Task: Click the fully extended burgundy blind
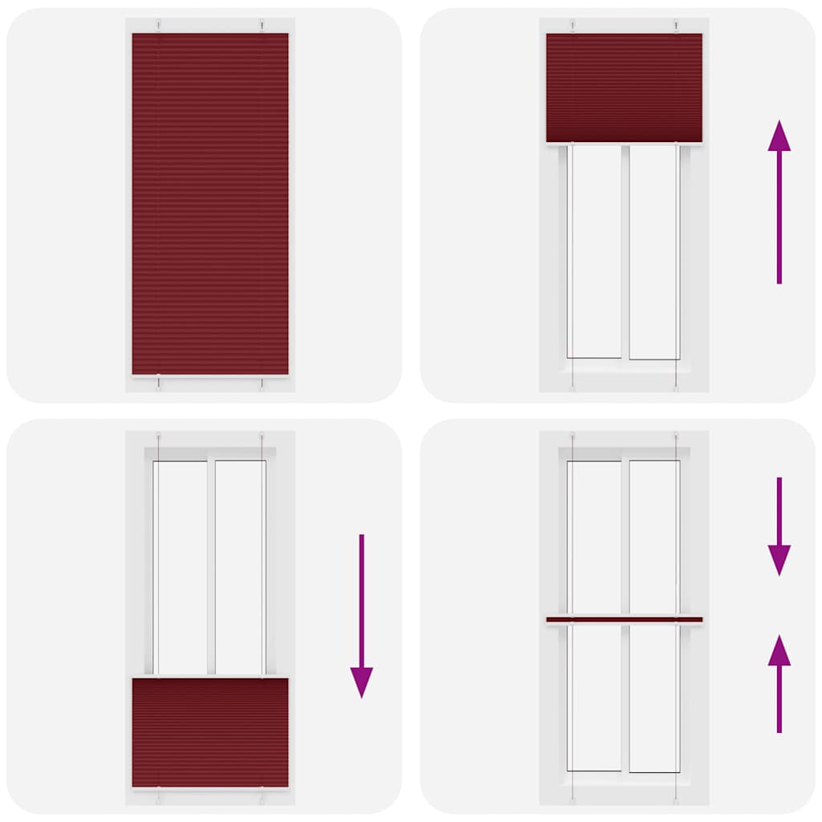(x=210, y=204)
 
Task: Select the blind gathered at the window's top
(x=624, y=87)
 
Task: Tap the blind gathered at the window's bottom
(x=210, y=732)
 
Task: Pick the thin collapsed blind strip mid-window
(x=624, y=620)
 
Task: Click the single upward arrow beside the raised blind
(x=779, y=201)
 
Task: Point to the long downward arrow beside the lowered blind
(x=361, y=615)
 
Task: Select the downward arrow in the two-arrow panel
(x=779, y=526)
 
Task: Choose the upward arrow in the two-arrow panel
(x=779, y=682)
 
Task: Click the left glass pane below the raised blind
(x=595, y=250)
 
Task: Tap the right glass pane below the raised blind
(x=653, y=250)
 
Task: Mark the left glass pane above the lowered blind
(x=181, y=567)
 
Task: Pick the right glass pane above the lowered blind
(x=239, y=567)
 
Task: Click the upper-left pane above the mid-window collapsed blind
(x=595, y=536)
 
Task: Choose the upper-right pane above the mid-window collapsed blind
(x=653, y=536)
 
